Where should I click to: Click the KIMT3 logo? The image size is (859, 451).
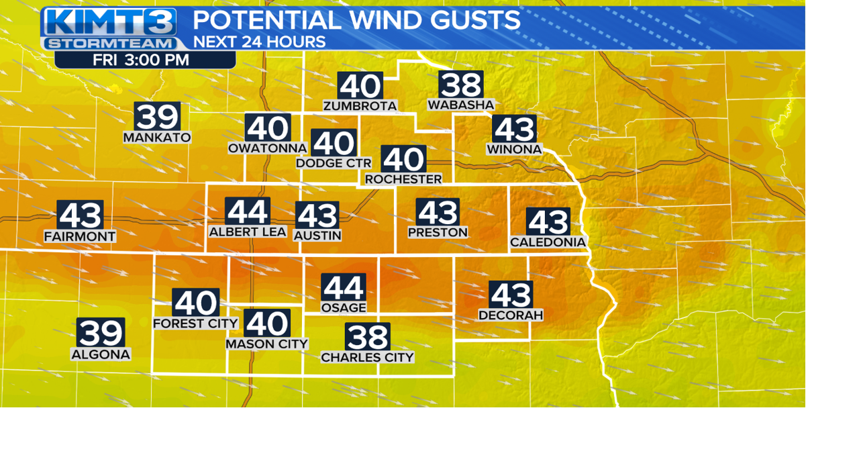(110, 22)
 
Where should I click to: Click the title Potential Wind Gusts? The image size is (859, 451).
(356, 20)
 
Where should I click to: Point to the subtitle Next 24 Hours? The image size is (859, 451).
(259, 42)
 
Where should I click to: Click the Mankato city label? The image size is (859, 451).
(157, 138)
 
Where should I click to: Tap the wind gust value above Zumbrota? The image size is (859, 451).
(360, 86)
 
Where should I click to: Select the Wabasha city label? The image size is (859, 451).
(461, 105)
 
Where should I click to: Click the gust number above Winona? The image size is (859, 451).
(514, 129)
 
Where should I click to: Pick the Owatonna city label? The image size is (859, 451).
(267, 148)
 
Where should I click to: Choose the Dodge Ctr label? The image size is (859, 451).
(334, 163)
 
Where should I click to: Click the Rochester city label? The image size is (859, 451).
(403, 179)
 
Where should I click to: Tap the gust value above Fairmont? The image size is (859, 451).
(80, 215)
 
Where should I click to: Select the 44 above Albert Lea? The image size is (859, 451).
(248, 212)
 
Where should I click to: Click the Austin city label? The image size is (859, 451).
(317, 236)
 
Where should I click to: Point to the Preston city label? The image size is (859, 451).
(438, 232)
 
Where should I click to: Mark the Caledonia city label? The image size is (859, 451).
(548, 242)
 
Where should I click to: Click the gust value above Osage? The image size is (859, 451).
(344, 288)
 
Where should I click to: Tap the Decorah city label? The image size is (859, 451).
(511, 315)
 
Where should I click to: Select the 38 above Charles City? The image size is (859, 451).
(367, 337)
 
